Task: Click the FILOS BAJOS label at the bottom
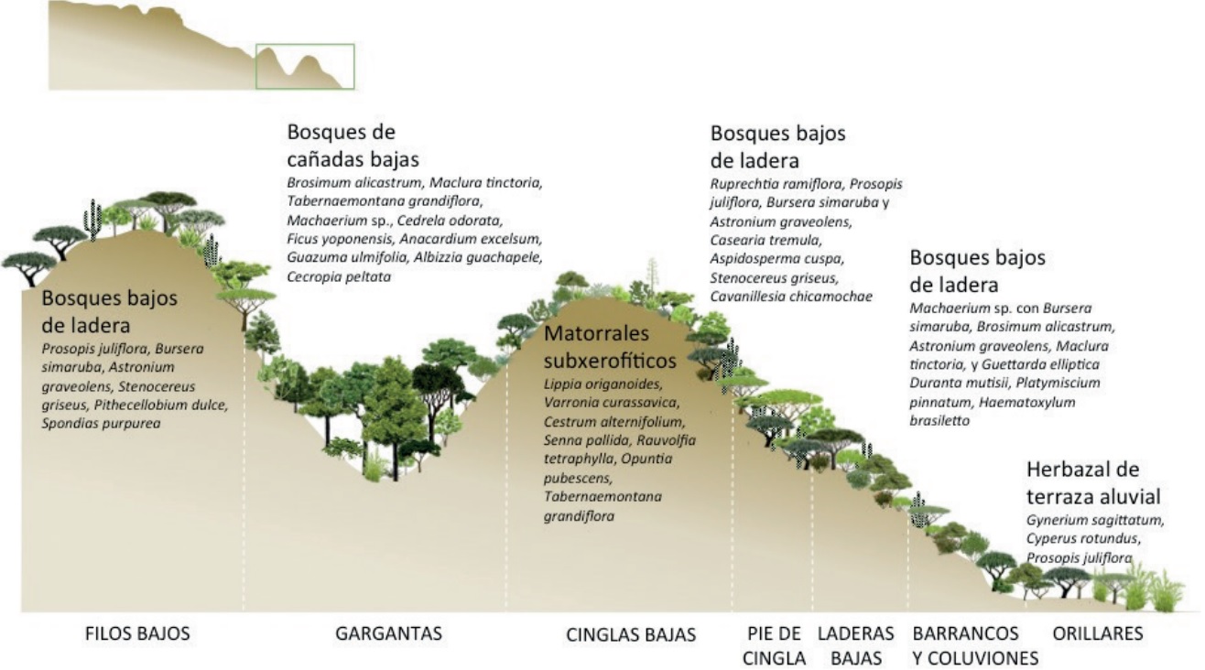(x=137, y=632)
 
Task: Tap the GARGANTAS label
(x=388, y=632)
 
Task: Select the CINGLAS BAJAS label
(x=631, y=634)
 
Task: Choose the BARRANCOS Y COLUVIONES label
(x=975, y=645)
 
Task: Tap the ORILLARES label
(x=1098, y=632)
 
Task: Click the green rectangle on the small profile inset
(x=304, y=66)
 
